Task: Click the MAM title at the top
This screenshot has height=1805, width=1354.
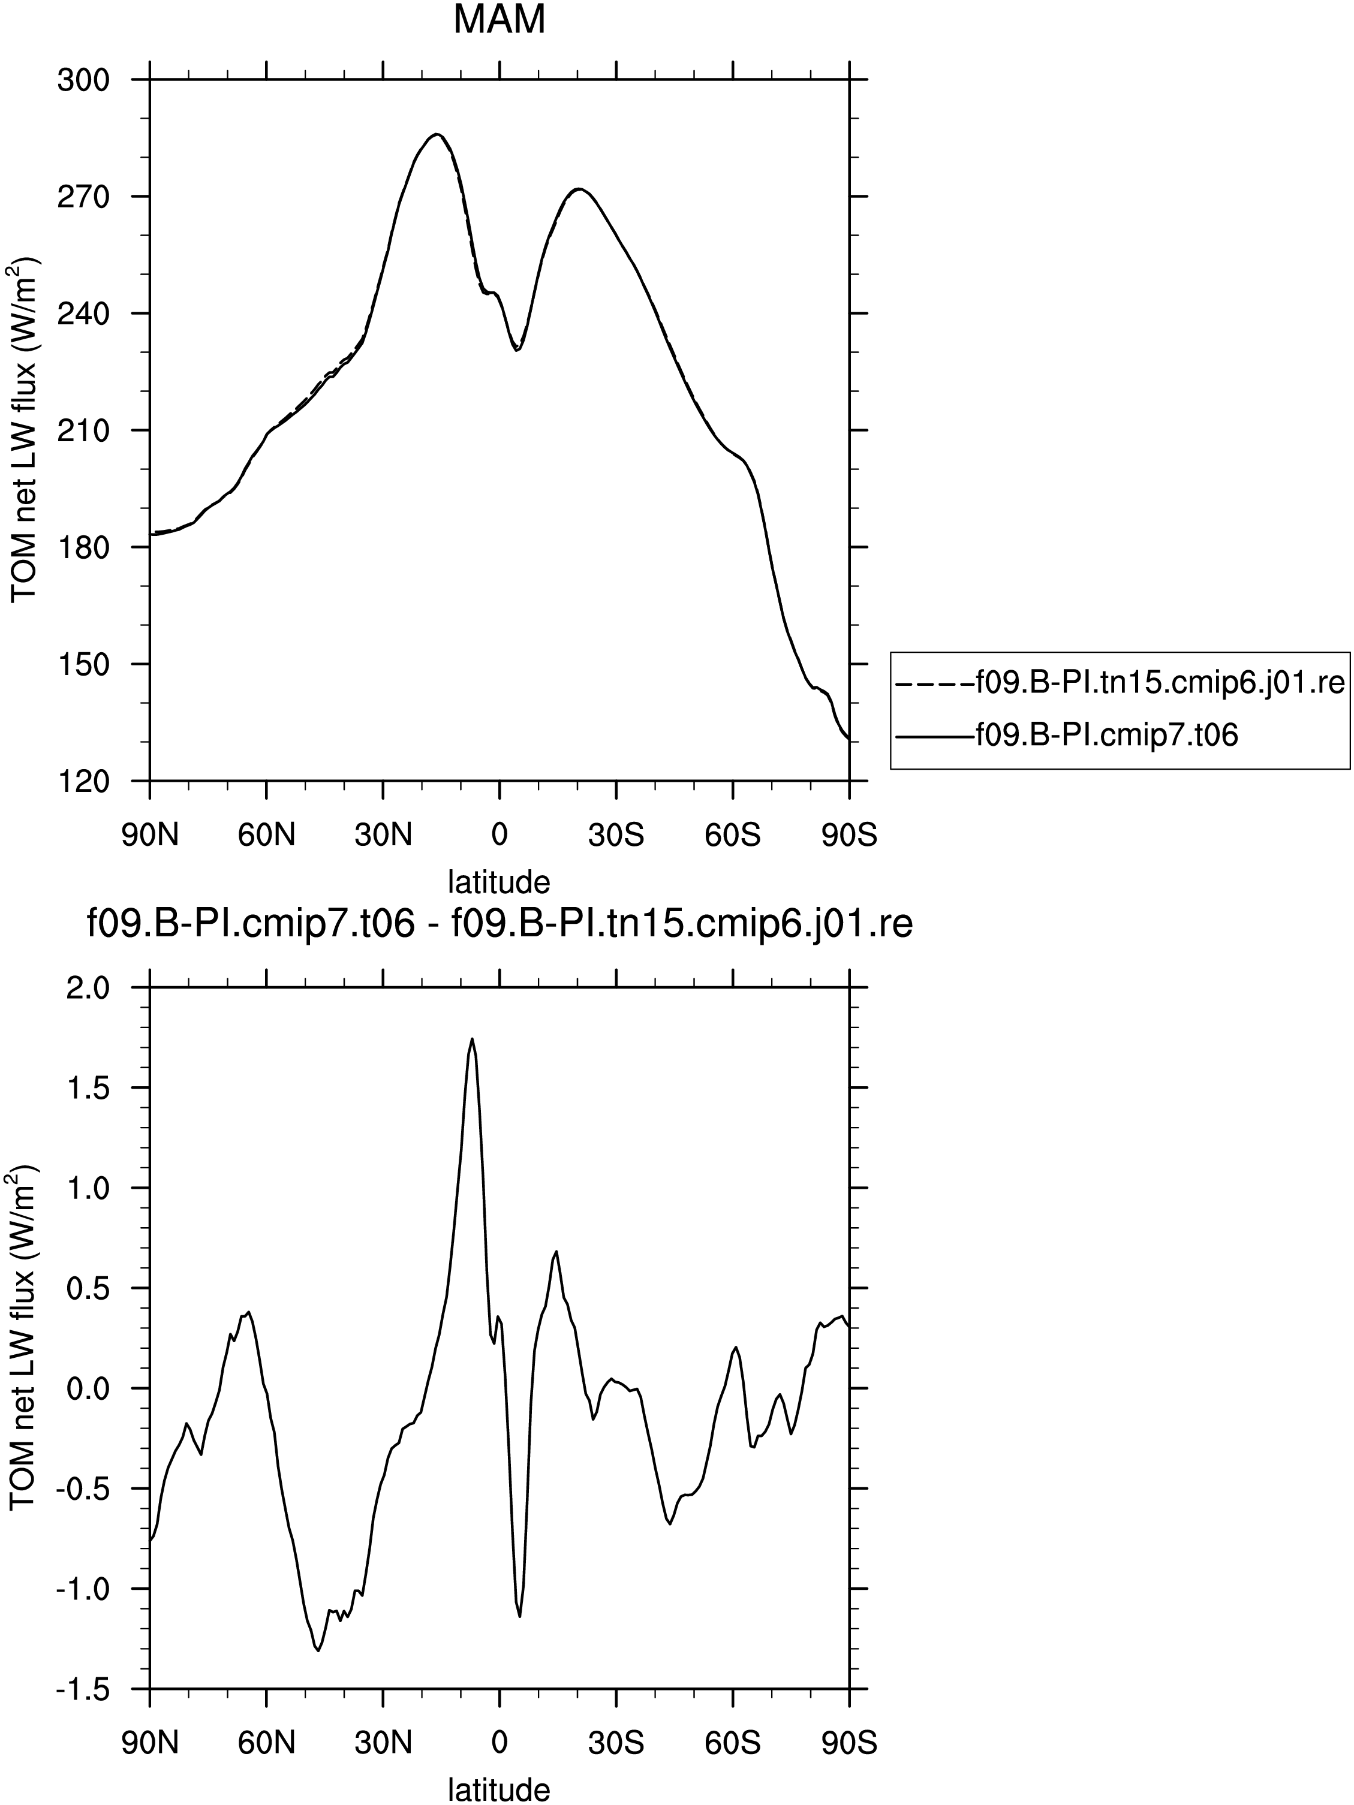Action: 499,20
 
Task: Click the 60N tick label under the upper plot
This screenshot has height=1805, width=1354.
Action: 266,836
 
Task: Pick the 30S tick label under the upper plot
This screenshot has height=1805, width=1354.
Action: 616,836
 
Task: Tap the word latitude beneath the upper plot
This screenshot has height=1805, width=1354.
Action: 499,881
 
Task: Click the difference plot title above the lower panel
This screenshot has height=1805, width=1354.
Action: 500,926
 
